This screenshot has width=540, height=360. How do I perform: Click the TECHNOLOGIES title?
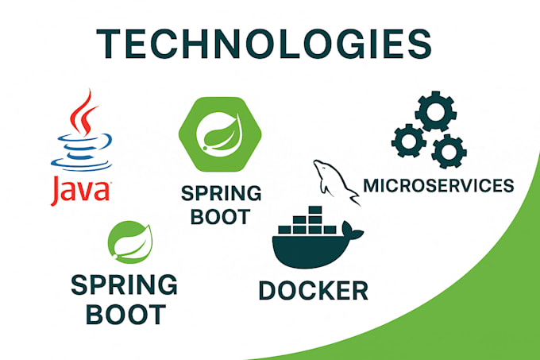(x=264, y=44)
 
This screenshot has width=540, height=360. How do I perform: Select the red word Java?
(x=80, y=191)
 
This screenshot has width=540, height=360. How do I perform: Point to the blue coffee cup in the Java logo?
(x=81, y=152)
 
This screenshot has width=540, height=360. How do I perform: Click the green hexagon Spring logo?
(x=220, y=134)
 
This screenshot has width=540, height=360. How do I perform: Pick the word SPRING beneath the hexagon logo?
(x=221, y=193)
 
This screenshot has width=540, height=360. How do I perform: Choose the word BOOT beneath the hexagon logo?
(x=221, y=217)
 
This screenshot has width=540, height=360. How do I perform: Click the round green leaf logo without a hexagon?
(x=129, y=242)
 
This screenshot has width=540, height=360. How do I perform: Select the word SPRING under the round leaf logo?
(x=124, y=285)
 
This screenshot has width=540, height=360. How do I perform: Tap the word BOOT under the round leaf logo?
(x=125, y=314)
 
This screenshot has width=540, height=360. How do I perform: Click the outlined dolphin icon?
(x=336, y=182)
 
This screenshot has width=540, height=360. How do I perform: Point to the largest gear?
(x=435, y=111)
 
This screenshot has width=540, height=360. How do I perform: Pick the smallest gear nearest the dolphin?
(x=409, y=141)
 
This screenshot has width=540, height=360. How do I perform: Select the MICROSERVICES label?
(x=438, y=185)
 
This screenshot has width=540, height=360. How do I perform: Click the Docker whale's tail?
(x=351, y=230)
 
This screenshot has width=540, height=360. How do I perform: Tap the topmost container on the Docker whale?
(x=315, y=210)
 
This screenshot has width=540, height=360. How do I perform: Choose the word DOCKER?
(x=314, y=290)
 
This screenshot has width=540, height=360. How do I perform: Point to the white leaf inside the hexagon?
(x=222, y=134)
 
